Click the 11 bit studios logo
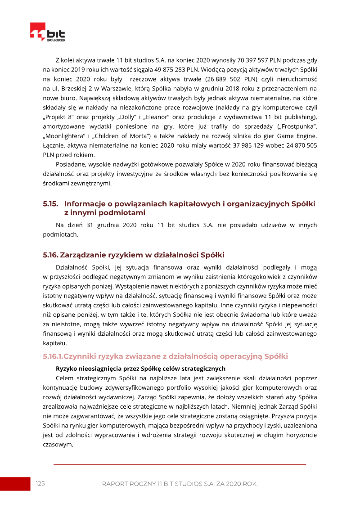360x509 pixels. [x=47, y=32]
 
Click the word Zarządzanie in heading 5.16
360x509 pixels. [x=84, y=255]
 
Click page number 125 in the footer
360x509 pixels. [x=40, y=483]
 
